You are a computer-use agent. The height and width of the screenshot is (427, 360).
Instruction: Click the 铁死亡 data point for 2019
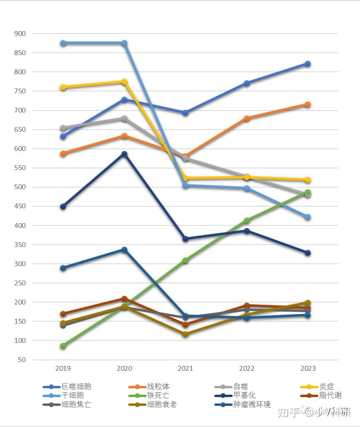pos(63,346)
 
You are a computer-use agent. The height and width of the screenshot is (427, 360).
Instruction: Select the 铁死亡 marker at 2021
pos(185,261)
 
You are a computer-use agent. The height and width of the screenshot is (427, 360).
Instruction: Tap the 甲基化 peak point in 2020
pos(124,154)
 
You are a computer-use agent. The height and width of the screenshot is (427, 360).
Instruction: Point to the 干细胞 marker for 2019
pos(63,43)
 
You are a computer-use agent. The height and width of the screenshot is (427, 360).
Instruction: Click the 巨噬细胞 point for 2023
pos(308,64)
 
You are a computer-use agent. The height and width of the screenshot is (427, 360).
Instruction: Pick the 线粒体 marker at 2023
pos(308,105)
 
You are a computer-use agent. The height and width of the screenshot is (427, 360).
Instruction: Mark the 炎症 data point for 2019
pos(63,87)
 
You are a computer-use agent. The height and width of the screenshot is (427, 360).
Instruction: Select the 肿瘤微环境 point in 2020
pos(124,250)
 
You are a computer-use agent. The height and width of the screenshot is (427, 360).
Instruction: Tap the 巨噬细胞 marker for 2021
pos(185,113)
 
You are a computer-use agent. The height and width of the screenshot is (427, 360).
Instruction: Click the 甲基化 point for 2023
pos(308,253)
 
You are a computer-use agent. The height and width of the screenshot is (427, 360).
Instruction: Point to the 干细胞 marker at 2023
pos(308,217)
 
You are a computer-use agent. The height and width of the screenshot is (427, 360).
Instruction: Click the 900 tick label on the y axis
pos(20,34)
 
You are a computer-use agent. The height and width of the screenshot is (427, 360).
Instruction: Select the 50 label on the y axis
pos(22,360)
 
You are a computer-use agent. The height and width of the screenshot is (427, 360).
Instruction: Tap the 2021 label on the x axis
pos(185,368)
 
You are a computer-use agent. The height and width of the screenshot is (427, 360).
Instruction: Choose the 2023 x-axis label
pos(308,368)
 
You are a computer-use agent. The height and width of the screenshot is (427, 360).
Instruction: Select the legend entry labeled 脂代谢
pos(330,395)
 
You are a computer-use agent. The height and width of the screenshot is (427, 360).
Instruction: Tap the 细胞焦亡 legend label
pos(76,405)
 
